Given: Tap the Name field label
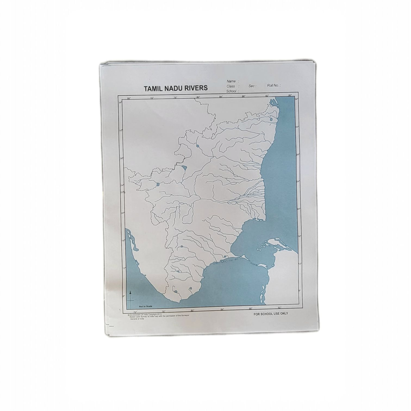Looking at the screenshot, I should click(231, 81).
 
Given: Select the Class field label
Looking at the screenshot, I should click(231, 86).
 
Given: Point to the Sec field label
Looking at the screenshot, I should click(252, 86).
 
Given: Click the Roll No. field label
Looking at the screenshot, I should click(273, 85).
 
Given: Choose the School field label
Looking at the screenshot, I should click(232, 91).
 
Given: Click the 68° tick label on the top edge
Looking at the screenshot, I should click(129, 98).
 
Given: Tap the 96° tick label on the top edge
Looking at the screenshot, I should click(290, 95).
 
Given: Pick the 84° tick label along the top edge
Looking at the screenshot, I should click(221, 96).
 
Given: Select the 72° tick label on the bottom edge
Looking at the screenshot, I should click(135, 312).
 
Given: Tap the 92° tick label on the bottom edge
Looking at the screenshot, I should click(279, 308).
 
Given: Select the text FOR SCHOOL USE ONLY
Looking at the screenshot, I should click(270, 313).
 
